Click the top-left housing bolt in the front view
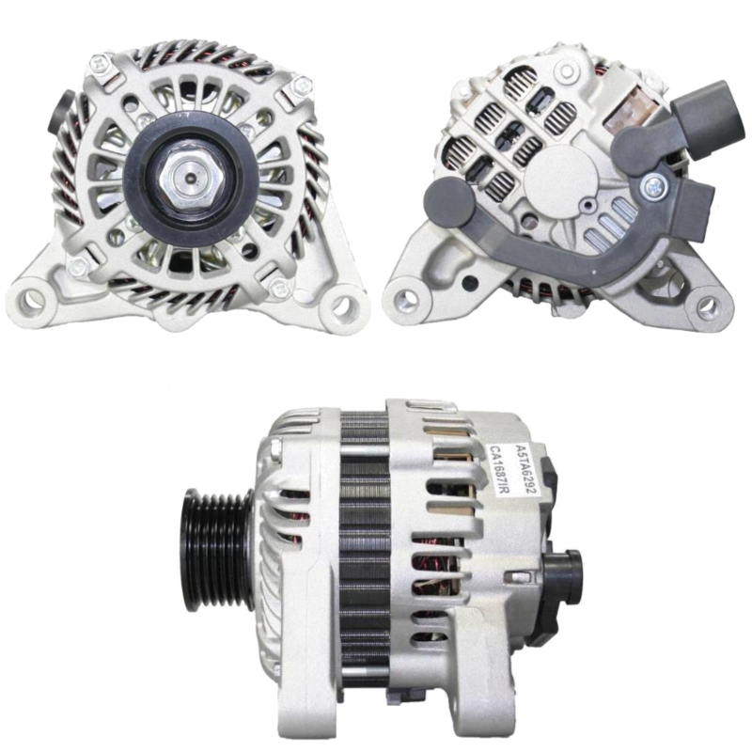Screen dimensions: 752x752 click(100, 63)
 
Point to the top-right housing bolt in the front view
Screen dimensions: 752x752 click(302, 86)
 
